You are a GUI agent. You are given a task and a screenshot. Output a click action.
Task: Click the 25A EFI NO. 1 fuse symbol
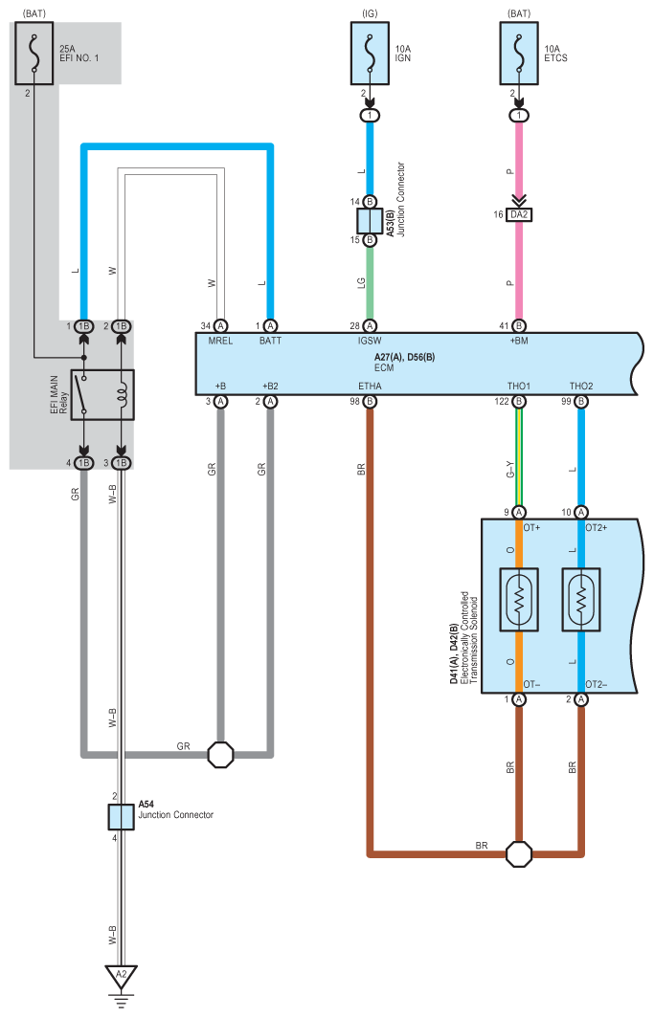[x=34, y=54]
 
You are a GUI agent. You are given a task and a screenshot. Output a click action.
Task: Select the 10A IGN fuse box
[x=371, y=54]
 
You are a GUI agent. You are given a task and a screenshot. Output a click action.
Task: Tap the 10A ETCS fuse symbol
[x=519, y=54]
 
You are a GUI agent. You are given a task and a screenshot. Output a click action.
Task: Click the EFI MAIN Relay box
[x=101, y=395]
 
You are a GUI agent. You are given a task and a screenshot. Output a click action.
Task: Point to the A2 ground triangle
[x=121, y=976]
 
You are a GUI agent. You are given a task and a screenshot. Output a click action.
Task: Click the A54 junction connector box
[x=121, y=817]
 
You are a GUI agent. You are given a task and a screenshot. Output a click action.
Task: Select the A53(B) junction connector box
[x=370, y=221]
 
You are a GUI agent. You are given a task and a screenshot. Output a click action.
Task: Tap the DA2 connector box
[x=519, y=214]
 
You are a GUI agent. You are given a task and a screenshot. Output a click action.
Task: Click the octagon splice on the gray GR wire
[x=220, y=755]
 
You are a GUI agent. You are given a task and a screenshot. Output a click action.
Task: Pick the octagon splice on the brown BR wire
[x=519, y=854]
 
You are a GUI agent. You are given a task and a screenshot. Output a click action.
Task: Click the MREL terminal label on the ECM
[x=220, y=342]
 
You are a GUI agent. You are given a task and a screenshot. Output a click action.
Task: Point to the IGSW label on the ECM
[x=370, y=342]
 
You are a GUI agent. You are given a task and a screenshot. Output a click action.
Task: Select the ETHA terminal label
[x=370, y=387]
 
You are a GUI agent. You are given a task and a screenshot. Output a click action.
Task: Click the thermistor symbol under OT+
[x=519, y=600]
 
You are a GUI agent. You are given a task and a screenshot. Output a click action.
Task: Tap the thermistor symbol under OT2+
[x=581, y=600]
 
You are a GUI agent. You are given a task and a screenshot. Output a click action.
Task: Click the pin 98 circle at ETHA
[x=370, y=402]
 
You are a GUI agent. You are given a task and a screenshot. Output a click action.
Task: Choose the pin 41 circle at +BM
[x=519, y=325]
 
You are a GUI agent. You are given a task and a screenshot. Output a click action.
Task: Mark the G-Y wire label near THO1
[x=510, y=470]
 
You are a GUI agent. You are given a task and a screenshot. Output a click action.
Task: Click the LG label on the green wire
[x=361, y=283]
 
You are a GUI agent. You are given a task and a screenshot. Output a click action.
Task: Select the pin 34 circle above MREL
[x=220, y=325]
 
